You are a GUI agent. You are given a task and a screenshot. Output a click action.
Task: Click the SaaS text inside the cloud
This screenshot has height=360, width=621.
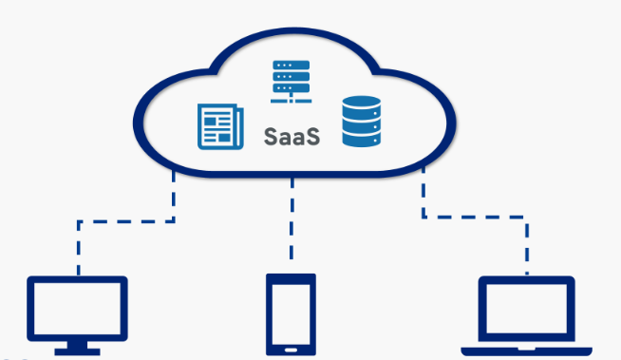click(292, 136)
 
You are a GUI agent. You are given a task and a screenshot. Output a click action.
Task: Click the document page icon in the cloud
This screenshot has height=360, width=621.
click(215, 127)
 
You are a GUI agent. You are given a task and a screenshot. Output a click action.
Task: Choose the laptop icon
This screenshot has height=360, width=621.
click(526, 314)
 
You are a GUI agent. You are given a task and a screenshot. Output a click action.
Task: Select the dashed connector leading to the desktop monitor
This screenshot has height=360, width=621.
click(123, 221)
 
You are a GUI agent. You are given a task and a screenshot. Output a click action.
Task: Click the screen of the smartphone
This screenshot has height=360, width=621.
click(291, 312)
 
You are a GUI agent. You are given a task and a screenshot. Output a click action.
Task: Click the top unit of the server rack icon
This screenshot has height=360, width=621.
click(292, 65)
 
